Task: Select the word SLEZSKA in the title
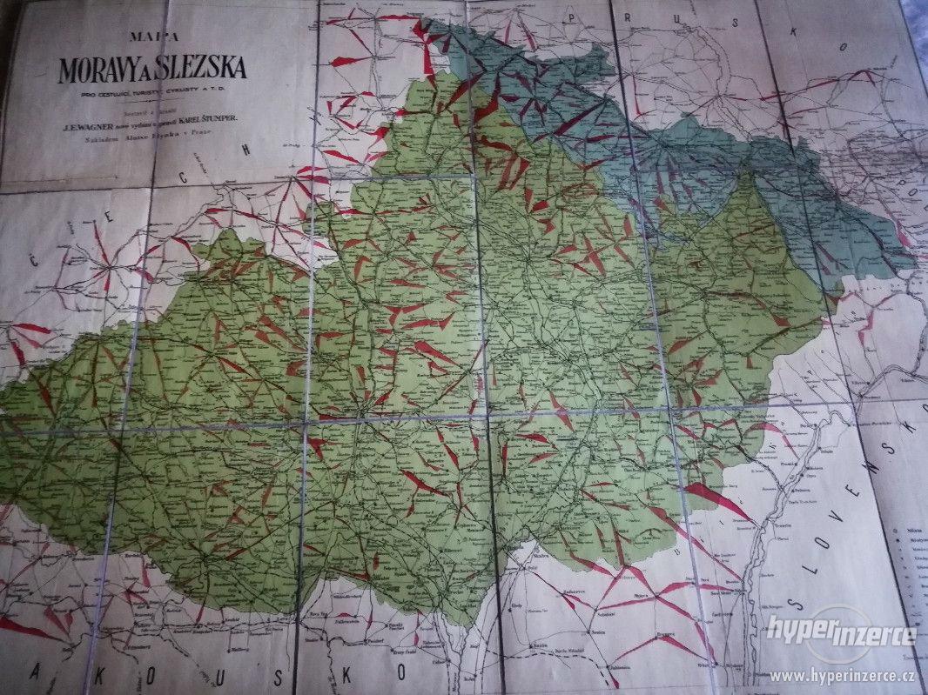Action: point(203,69)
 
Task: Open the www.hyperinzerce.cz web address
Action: point(844,676)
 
